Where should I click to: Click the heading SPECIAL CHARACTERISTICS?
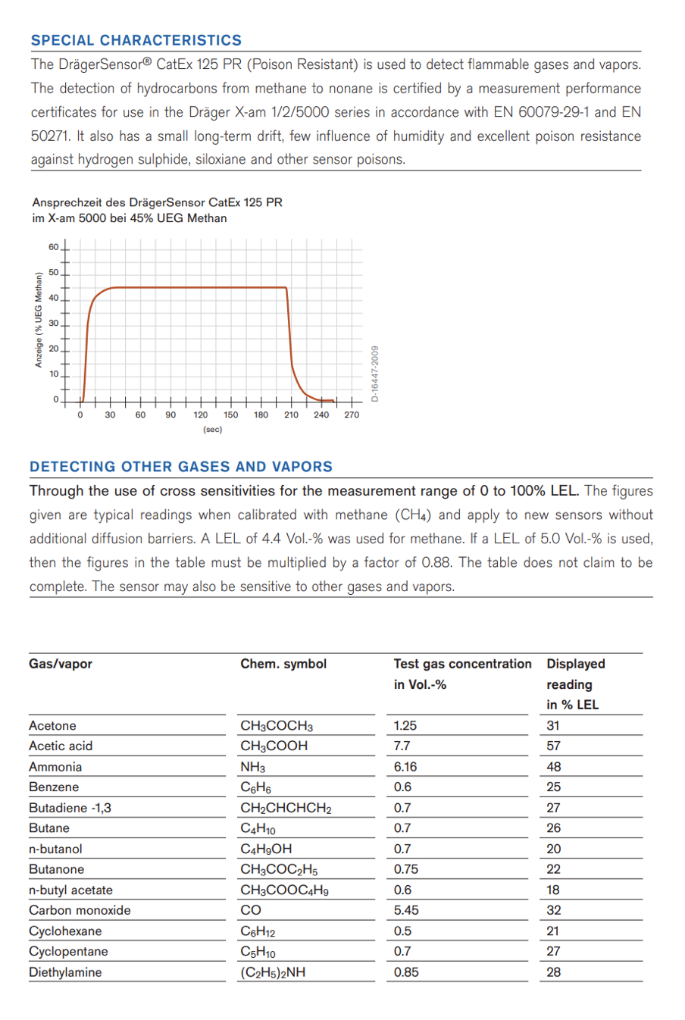coord(136,40)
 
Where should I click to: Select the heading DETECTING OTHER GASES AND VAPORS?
coord(181,467)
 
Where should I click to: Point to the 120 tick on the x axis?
coord(201,415)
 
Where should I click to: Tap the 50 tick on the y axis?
coord(53,273)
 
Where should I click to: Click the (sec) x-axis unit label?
coord(213,430)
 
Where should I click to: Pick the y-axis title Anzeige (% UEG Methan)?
coord(39,320)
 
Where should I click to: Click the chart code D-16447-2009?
coord(374,374)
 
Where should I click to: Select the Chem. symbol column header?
coord(283,664)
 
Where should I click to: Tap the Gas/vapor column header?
coord(61,664)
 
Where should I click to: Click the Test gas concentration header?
coord(462,664)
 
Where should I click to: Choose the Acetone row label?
coord(52,725)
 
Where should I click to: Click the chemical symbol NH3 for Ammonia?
coord(252,767)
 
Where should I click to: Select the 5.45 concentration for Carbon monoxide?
coord(406,910)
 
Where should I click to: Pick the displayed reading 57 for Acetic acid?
coord(554,746)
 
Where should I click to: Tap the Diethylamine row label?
coord(65,972)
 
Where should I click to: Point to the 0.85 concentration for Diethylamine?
coord(406,972)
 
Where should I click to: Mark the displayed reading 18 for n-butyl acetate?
coord(553,890)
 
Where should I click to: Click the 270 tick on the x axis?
coord(352,415)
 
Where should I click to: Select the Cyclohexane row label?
coord(65,931)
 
